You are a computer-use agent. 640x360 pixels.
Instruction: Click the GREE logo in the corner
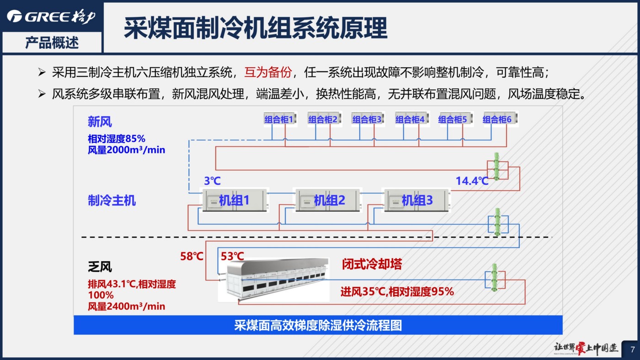(51, 16)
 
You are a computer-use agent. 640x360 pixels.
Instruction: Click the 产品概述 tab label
(52, 43)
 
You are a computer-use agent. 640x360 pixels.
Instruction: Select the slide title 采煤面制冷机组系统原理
(256, 28)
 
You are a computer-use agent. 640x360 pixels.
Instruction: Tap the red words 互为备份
(268, 72)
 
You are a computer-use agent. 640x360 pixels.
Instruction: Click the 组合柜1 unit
(280, 118)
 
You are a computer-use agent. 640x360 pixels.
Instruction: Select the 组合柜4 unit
(412, 118)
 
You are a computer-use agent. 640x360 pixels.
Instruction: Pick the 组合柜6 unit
(500, 118)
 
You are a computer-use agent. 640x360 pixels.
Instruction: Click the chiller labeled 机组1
(235, 200)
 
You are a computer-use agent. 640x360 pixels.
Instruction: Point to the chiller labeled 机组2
(328, 200)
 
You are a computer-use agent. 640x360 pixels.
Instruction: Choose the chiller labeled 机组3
(416, 200)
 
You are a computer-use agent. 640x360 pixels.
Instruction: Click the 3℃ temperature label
(212, 181)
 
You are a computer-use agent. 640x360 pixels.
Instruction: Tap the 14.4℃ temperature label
(472, 181)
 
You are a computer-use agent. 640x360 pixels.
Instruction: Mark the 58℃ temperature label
(192, 256)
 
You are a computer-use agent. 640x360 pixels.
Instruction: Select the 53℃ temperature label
(232, 256)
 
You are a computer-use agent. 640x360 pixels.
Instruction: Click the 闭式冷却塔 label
(372, 264)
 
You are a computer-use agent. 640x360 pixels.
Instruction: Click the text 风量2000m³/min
(126, 150)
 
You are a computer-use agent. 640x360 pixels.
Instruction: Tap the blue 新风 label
(100, 122)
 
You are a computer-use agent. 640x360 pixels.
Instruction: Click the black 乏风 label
(100, 267)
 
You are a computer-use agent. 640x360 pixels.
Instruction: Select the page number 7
(633, 349)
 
